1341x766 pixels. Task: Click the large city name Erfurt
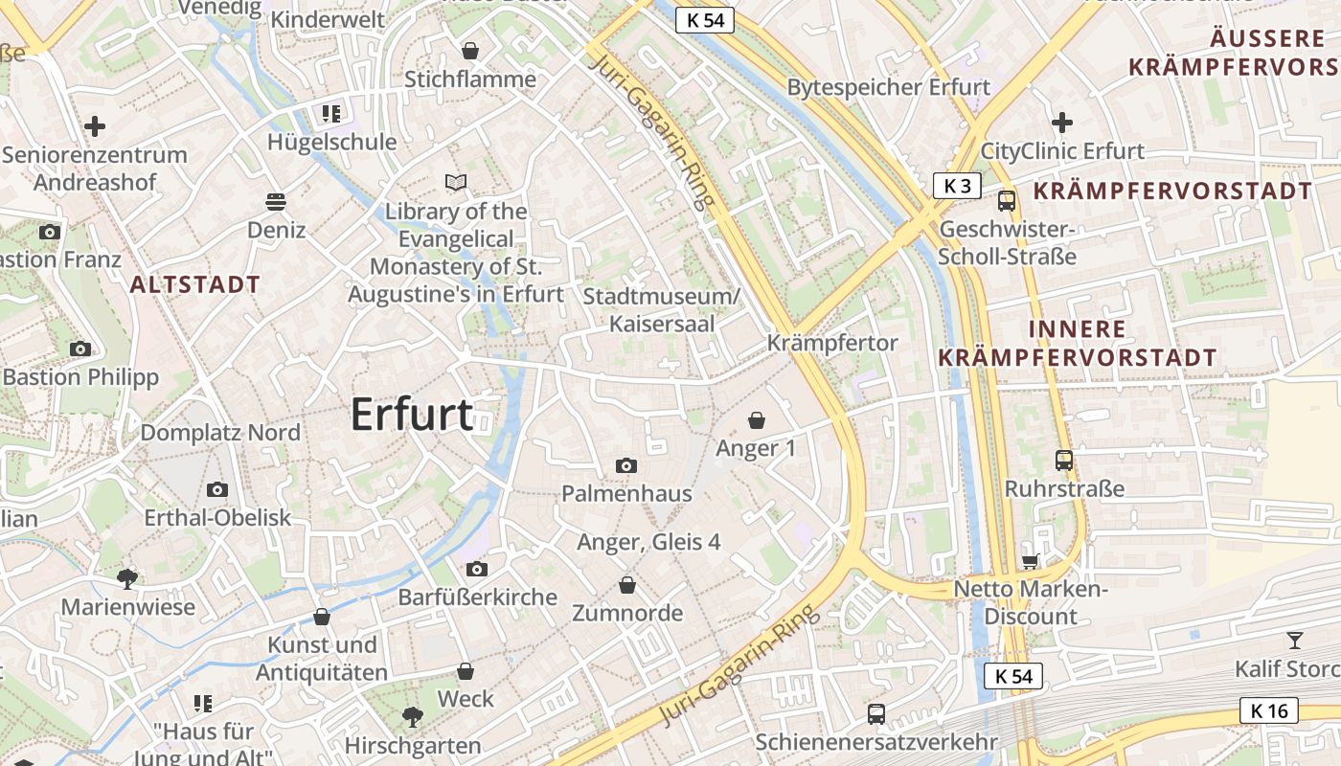click(412, 415)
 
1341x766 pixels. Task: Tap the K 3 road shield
click(957, 186)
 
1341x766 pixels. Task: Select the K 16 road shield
click(1269, 710)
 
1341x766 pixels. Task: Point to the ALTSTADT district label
click(195, 284)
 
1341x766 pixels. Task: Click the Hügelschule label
click(331, 143)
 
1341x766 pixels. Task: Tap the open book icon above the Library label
click(456, 182)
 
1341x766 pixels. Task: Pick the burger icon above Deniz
click(276, 202)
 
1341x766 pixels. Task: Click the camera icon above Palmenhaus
click(626, 466)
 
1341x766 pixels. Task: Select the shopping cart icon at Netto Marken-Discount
click(1031, 561)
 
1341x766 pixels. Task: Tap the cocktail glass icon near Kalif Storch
click(1295, 640)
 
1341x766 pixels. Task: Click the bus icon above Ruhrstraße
click(1063, 461)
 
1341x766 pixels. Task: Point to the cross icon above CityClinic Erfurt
click(1061, 123)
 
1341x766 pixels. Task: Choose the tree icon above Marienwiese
click(126, 578)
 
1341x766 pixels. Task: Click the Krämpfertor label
click(832, 343)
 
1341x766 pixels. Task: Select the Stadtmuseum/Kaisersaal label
click(662, 310)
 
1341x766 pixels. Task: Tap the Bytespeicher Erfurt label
click(888, 87)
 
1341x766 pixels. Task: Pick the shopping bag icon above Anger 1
click(757, 419)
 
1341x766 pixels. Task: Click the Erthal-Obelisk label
click(217, 518)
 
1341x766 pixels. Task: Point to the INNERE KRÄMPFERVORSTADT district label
click(1078, 343)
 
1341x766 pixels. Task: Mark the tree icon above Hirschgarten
click(412, 716)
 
